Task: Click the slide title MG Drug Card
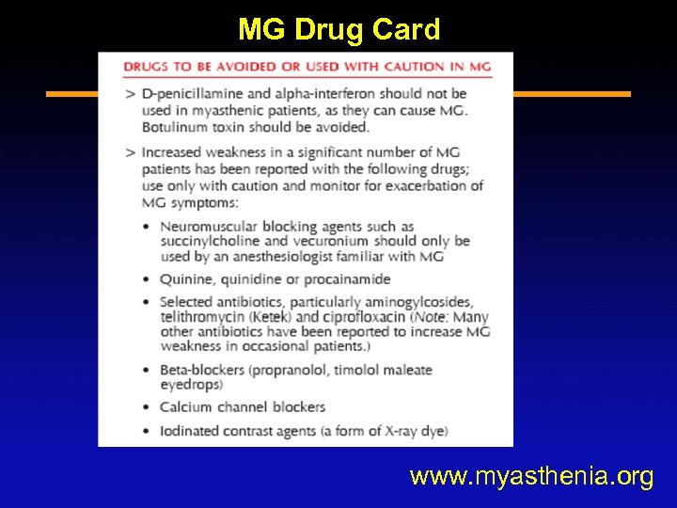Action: point(338,29)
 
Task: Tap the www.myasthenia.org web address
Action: point(531,477)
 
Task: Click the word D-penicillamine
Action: point(193,93)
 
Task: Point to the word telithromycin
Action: point(202,317)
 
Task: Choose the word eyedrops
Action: point(190,385)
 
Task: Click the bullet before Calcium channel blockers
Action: point(147,407)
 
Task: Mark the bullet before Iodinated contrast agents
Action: point(147,432)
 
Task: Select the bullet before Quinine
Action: point(147,279)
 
